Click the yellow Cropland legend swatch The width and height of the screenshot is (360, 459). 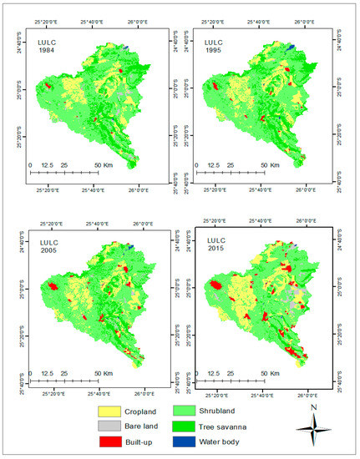pyautogui.click(x=110, y=411)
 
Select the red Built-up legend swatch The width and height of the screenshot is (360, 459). pyautogui.click(x=110, y=440)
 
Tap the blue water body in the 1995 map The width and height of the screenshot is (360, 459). pyautogui.click(x=289, y=48)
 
